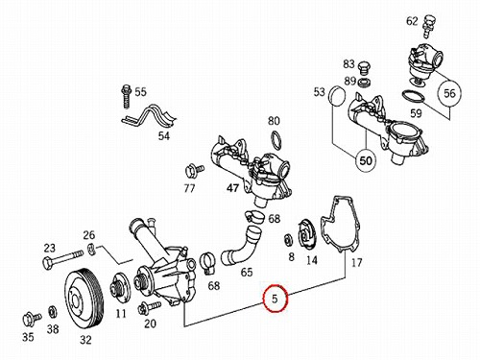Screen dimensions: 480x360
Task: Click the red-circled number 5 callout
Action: pyautogui.click(x=275, y=298)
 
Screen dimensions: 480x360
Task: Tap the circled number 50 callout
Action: pyautogui.click(x=366, y=160)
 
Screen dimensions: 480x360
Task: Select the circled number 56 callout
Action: pyautogui.click(x=449, y=93)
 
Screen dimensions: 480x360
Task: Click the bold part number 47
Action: pyautogui.click(x=232, y=188)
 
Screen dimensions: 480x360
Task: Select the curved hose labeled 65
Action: pyautogui.click(x=242, y=246)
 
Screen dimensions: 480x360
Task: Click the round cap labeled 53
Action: pyautogui.click(x=337, y=96)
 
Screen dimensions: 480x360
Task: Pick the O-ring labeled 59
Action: pyautogui.click(x=413, y=96)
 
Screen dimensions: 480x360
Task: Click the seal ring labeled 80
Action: pyautogui.click(x=276, y=139)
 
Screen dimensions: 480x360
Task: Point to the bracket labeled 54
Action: pyautogui.click(x=149, y=116)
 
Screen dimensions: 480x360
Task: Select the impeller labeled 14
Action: pyautogui.click(x=306, y=236)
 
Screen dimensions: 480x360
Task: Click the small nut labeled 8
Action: pyautogui.click(x=288, y=241)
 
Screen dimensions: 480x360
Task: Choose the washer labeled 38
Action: pyautogui.click(x=53, y=312)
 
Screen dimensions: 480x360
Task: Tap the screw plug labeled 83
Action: pyautogui.click(x=363, y=68)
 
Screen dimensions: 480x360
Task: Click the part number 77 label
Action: pyautogui.click(x=189, y=189)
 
